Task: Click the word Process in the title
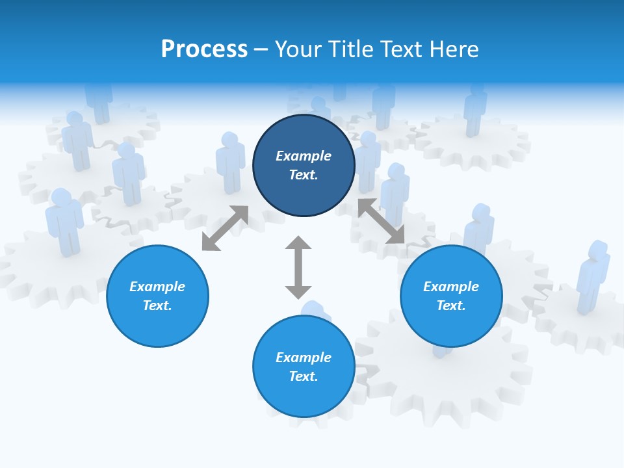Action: tap(204, 49)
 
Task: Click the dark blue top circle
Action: tap(304, 166)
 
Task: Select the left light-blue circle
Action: tap(157, 296)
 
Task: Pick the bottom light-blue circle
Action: tap(304, 366)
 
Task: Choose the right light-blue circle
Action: tap(451, 296)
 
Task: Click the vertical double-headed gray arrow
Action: tap(298, 267)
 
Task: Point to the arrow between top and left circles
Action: tap(225, 228)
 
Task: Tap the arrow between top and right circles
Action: tap(382, 221)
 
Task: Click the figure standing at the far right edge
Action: tap(592, 276)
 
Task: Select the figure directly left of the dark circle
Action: tap(230, 162)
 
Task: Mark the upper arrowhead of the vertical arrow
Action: tap(298, 243)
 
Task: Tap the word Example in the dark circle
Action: tap(304, 156)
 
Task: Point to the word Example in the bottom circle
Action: tap(304, 357)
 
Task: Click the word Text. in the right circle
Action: tap(451, 305)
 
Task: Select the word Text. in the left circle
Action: tap(157, 305)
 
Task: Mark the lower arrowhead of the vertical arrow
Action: tap(298, 291)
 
